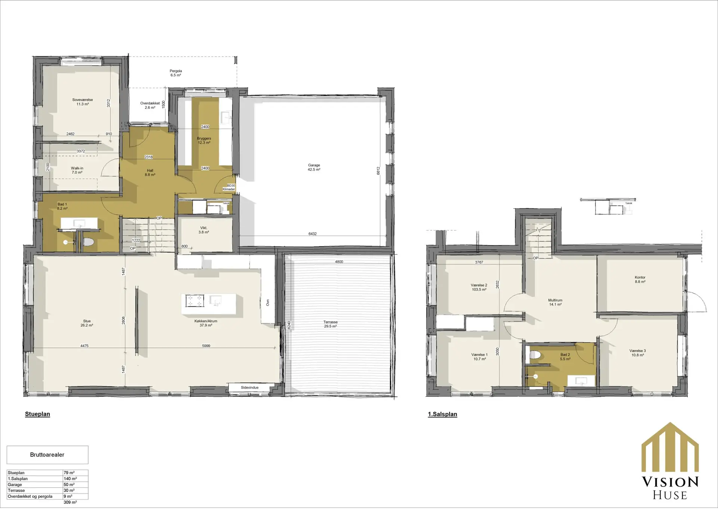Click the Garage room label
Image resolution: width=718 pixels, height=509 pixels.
coord(314,167)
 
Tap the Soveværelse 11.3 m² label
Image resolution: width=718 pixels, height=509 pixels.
coord(83,102)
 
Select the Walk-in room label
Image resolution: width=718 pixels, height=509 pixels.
coord(77,170)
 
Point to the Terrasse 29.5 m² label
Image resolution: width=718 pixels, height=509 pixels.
coord(331,324)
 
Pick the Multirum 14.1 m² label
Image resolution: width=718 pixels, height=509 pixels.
coord(555,302)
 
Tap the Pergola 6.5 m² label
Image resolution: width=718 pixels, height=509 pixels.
coord(176,73)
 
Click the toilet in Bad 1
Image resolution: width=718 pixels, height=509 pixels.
coord(88,242)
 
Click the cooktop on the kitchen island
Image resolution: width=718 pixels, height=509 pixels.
coord(195,301)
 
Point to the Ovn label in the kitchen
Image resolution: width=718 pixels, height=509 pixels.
coord(268,303)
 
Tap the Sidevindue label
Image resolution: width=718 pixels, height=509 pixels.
coord(250,387)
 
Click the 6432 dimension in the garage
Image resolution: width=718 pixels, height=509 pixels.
coord(313,234)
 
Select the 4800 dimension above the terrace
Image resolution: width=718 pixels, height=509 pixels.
coord(339,262)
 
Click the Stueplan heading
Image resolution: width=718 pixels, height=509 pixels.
coord(37,414)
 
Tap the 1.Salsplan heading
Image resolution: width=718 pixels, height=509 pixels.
coord(442,414)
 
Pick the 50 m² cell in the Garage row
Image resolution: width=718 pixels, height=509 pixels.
coord(69,484)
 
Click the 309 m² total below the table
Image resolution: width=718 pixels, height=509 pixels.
coord(70,502)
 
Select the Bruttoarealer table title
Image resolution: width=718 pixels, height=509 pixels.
coord(47,455)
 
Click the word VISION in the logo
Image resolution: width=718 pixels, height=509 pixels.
coord(670,482)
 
